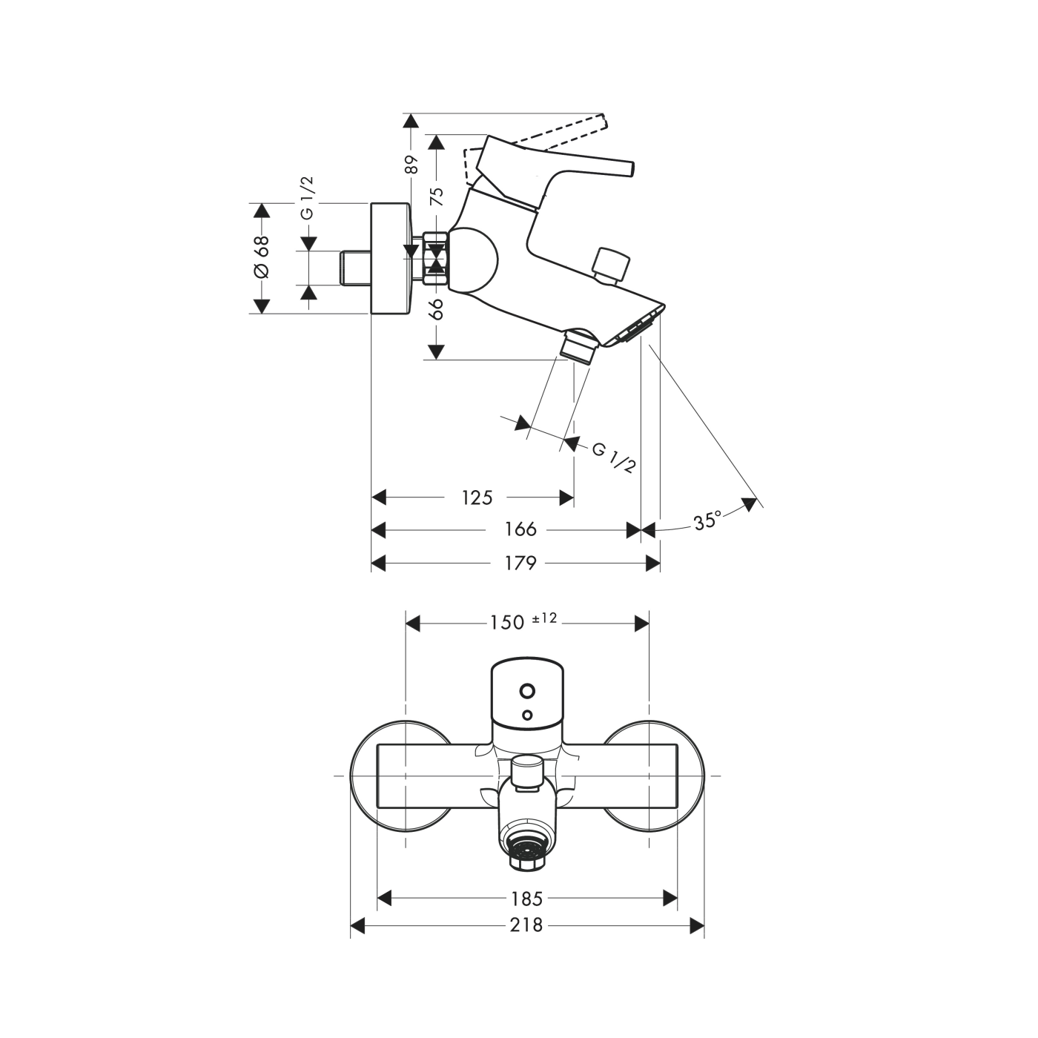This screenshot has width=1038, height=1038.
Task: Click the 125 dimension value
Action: [477, 497]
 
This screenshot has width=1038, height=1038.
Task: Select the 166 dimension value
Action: [520, 529]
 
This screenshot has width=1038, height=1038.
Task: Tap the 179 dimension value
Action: [520, 563]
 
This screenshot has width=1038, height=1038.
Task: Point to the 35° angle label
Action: [707, 520]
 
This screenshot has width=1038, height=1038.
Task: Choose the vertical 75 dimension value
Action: [437, 196]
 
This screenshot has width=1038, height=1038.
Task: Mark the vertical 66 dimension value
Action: [437, 308]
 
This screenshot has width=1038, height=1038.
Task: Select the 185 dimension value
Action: [527, 899]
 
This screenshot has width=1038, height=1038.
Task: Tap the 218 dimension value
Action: [527, 925]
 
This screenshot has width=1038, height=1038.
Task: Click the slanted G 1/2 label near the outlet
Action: [614, 457]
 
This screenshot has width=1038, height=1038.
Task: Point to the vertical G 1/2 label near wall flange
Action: [307, 198]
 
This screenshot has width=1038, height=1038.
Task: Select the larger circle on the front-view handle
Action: [527, 691]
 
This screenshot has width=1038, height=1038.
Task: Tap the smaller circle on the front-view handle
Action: [527, 715]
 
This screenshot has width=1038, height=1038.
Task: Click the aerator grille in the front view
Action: [527, 850]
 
